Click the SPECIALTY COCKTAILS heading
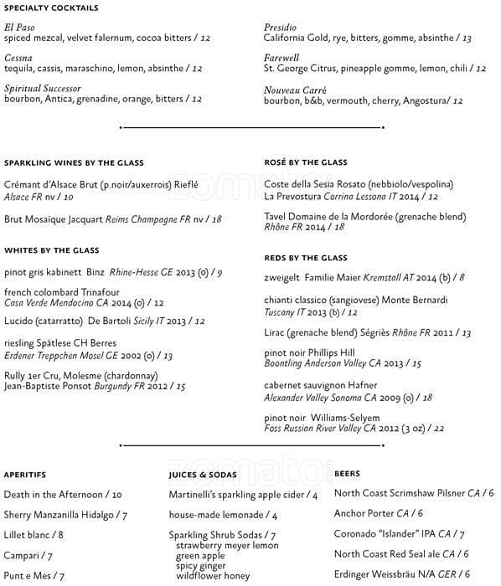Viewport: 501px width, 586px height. (51, 8)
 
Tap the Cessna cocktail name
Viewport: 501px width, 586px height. (19, 58)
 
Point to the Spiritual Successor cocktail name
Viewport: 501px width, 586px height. (43, 88)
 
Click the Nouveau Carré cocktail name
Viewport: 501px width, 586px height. (295, 90)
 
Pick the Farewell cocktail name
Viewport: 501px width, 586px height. (281, 58)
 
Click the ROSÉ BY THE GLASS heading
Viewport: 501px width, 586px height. (305, 162)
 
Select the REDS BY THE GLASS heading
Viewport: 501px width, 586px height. (305, 258)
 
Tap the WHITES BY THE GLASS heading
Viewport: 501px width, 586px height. (51, 250)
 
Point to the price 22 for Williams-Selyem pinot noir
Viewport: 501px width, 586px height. (438, 429)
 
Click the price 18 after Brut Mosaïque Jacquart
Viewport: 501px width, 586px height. (217, 219)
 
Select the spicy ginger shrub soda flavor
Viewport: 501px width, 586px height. (201, 566)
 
